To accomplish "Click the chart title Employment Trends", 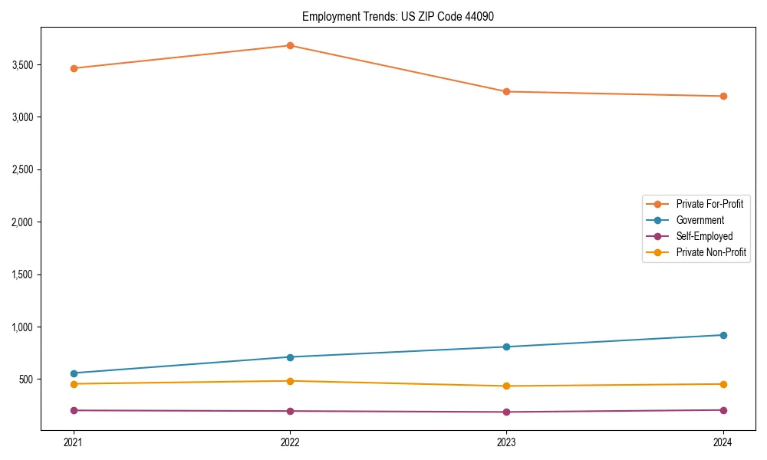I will (393, 16).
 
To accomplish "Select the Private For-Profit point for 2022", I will (290, 45).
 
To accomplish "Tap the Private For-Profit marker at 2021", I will (74, 68).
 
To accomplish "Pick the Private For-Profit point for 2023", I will (506, 92).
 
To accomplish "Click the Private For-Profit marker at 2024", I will (723, 96).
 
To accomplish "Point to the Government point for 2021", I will (74, 373).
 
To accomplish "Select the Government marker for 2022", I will (290, 357).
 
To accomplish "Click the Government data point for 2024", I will (723, 335).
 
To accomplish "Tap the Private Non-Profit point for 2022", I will (290, 381).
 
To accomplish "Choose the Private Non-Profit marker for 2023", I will (506, 386).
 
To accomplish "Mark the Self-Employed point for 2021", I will (74, 410).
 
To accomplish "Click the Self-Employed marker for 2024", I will (723, 410).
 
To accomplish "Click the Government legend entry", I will (700, 220).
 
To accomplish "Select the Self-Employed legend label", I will (704, 236).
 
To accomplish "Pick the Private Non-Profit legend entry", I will (711, 252).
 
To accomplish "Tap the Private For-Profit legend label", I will (709, 204).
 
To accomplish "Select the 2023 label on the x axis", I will (506, 442).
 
